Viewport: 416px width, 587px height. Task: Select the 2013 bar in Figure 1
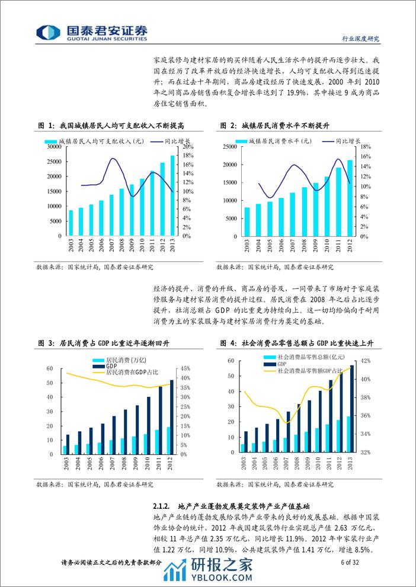(x=172, y=195)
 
